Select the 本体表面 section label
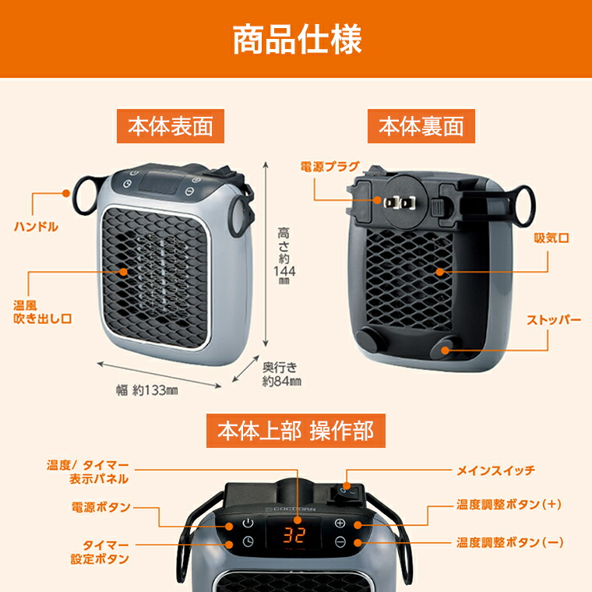(x=164, y=126)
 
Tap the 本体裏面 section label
(x=421, y=126)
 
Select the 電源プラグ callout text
(x=329, y=166)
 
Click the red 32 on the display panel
(x=294, y=535)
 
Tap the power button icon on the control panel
(x=248, y=523)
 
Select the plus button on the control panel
(x=340, y=523)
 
